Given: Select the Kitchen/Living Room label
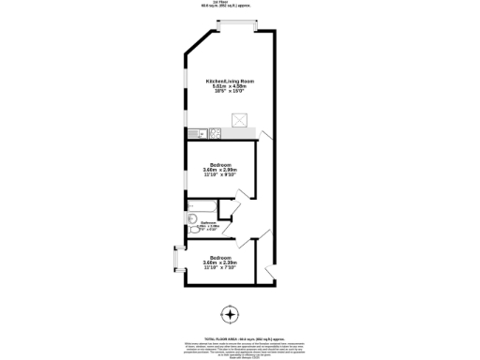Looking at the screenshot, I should coord(231,82).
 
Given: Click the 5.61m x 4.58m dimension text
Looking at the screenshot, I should coord(231,87).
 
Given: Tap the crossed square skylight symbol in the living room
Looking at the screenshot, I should coord(240,119).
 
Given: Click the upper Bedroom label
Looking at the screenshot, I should coord(220,164).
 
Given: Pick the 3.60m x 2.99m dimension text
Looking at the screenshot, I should coord(220,170).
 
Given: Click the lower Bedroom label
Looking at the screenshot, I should coord(220,257).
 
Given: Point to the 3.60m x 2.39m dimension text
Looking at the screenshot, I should coord(220,262).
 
